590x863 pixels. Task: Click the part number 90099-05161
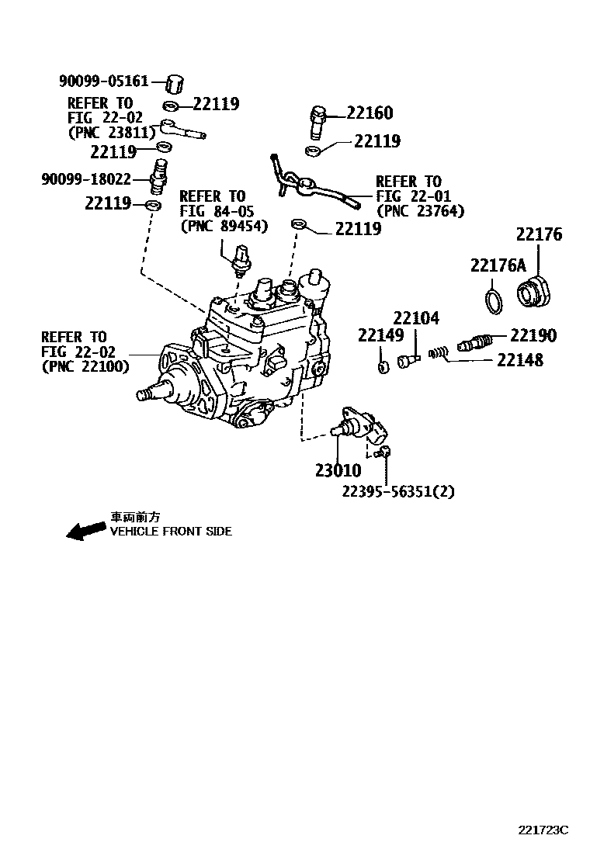pos(103,81)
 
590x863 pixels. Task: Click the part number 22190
pos(533,335)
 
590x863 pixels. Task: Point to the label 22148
pos(519,360)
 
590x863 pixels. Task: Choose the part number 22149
pos(380,335)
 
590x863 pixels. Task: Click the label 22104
pos(415,318)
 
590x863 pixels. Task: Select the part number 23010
pos(338,470)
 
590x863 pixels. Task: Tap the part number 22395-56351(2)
pos(398,490)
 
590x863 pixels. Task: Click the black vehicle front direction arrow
pos(85,530)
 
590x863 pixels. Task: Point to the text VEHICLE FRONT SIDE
pos(171,532)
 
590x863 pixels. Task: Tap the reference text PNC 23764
pos(419,210)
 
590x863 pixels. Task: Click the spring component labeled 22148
pos(440,353)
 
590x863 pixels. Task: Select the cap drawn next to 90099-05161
pos(176,82)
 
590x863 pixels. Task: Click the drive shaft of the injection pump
pos(147,393)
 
